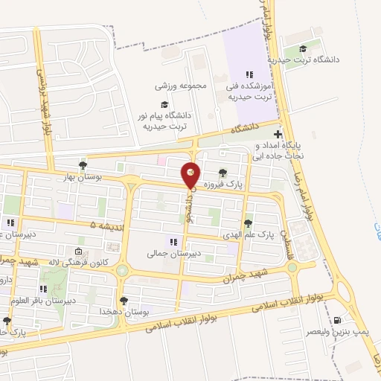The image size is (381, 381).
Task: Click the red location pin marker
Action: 190,174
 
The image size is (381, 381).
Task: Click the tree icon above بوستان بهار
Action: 83,165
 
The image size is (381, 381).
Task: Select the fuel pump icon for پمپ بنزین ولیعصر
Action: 339,321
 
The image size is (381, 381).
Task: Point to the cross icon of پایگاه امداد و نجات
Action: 278,135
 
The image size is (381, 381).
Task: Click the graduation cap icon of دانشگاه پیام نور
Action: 163,106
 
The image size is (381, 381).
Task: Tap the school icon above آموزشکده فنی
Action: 249,74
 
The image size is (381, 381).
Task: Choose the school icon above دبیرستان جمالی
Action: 173,242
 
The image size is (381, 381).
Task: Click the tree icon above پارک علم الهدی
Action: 248,222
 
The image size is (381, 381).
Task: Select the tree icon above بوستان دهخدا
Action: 124,301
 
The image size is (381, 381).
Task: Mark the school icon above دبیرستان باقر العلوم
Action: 44,289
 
